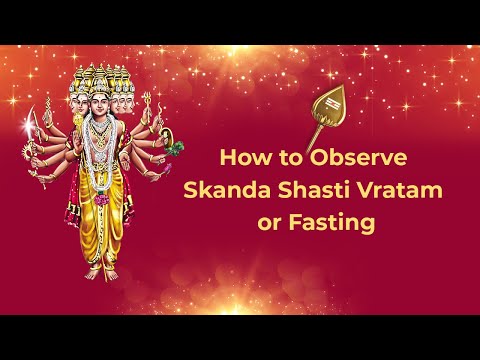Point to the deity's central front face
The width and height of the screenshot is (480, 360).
pos(99,101)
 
